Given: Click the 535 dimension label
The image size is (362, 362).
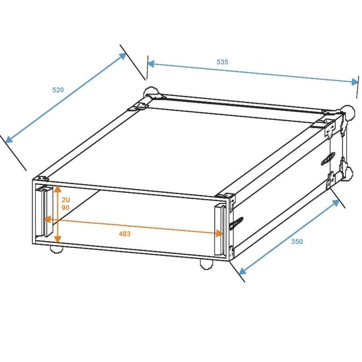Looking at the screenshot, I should [x=222, y=62].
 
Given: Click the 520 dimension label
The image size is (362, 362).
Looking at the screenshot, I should [x=58, y=90].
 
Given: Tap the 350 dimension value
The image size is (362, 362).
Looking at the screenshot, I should [x=297, y=241].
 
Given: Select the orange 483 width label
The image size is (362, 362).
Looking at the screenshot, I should [x=124, y=233].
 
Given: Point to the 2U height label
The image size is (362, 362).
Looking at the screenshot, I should [x=66, y=199].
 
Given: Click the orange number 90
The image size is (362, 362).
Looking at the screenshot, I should [x=66, y=207].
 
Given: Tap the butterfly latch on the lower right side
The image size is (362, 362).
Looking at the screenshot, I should [x=236, y=223].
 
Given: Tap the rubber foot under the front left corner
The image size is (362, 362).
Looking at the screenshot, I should [x=56, y=248].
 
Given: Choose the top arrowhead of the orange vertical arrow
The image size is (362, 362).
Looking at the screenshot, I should [x=57, y=188].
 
